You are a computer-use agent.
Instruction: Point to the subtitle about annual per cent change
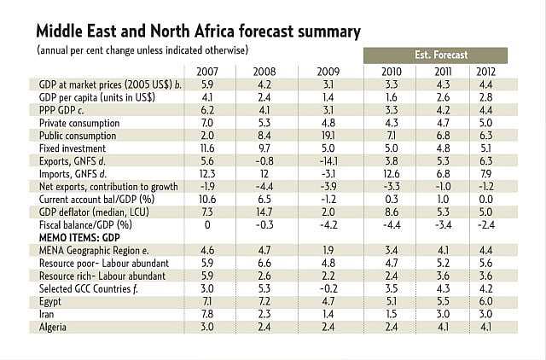[x=142, y=51]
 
